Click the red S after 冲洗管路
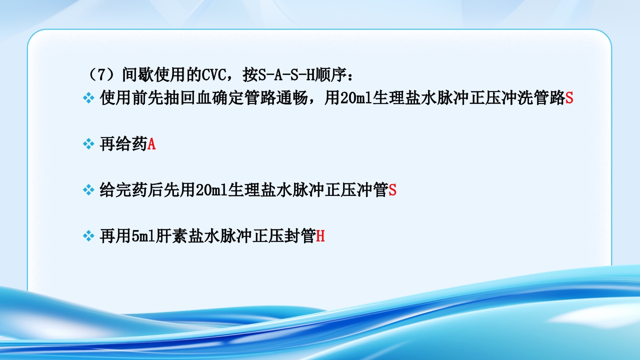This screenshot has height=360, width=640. (569, 98)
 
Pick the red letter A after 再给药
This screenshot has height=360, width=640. (151, 144)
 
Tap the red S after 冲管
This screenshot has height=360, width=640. (392, 190)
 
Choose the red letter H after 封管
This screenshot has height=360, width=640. (320, 236)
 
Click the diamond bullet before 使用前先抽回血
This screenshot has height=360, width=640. (88, 98)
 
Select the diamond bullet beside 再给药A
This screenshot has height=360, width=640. (88, 144)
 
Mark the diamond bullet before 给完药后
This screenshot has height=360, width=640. (88, 190)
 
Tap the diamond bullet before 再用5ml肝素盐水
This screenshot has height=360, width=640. (88, 236)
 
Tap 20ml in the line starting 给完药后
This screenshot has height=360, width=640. (212, 190)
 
